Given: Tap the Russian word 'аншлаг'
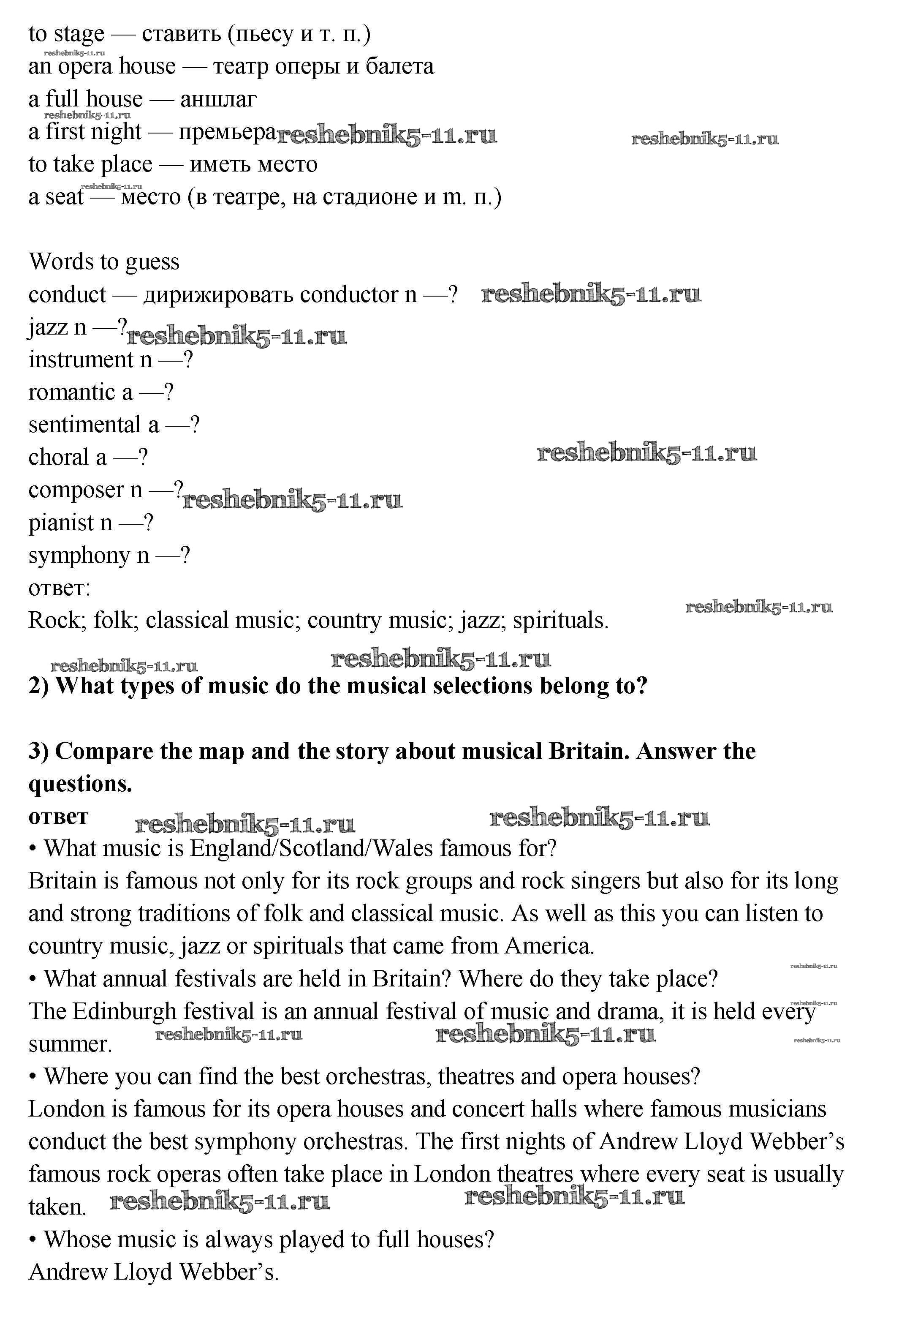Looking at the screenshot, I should pos(218,100).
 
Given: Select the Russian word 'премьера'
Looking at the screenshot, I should pos(227,132).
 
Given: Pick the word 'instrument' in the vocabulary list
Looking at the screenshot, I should pos(81,360).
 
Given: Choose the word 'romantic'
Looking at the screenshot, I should pos(72,392).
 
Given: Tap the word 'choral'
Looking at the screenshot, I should pos(59,458).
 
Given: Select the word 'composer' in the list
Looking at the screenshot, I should pos(76,490).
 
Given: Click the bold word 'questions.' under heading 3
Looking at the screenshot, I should pos(80,784).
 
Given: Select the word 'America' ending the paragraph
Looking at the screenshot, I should pos(547,946).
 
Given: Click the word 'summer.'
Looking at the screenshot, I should pos(70,1044).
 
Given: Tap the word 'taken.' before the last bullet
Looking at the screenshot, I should pos(57,1207).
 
